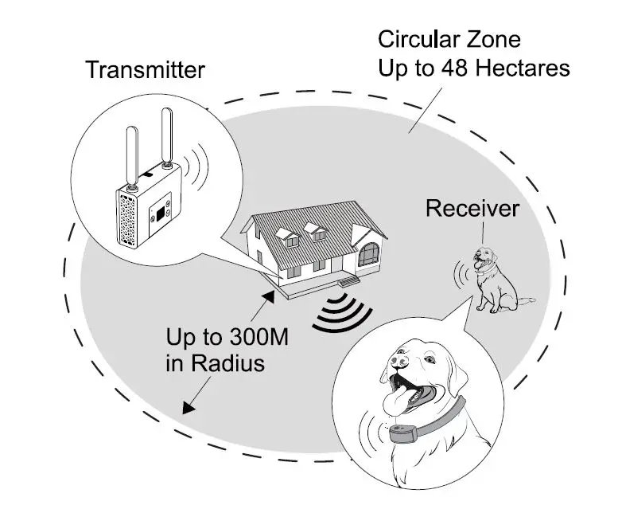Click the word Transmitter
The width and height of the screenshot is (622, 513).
(145, 69)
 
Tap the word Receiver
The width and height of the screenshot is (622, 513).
(472, 209)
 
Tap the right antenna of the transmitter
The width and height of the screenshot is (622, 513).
(167, 139)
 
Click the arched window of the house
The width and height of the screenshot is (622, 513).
(368, 255)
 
